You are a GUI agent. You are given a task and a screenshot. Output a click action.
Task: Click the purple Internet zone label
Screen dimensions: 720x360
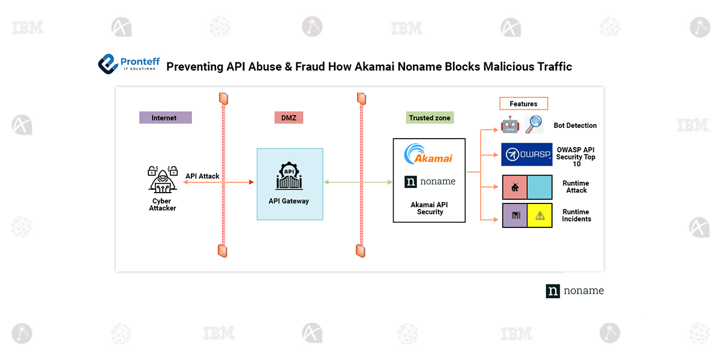[166, 118]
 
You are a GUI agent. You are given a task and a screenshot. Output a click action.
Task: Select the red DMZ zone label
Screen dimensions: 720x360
[289, 118]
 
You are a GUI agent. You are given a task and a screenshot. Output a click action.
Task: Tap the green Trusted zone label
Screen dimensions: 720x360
[430, 118]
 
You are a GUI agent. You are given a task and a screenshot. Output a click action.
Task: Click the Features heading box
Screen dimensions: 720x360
[524, 103]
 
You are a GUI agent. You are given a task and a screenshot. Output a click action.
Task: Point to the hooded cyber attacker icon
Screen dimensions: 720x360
[163, 179]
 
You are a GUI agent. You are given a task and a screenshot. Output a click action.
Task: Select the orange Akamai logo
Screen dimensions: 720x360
[428, 154]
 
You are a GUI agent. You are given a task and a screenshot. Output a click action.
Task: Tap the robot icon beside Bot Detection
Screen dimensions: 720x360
[510, 125]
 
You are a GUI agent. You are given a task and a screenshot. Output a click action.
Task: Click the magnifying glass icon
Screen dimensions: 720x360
[534, 125]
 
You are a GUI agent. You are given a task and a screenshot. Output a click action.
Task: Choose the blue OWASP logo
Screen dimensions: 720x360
[527, 155]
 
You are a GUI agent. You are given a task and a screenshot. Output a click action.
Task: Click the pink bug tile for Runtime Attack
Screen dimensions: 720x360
[515, 187]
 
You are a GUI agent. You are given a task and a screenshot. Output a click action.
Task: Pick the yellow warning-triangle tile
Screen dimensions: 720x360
[539, 215]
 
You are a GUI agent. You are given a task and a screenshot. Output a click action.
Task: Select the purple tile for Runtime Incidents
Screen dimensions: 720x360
[515, 215]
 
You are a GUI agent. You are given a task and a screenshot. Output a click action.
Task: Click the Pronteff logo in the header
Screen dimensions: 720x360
[129, 64]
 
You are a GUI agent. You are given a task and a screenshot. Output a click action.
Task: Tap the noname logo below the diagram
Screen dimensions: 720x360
[575, 291]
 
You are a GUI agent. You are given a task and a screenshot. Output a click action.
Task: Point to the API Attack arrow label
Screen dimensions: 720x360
[202, 176]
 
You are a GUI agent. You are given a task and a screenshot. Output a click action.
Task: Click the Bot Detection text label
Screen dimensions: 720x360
[575, 125]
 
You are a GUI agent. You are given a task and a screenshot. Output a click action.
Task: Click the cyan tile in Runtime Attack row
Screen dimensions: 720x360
[539, 187]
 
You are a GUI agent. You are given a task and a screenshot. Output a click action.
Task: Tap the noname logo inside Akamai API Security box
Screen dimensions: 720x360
[430, 182]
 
